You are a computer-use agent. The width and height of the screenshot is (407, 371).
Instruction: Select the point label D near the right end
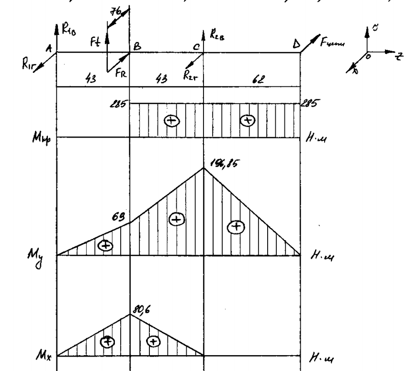click(296, 45)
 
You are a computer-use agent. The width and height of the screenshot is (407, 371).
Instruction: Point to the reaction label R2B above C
click(217, 34)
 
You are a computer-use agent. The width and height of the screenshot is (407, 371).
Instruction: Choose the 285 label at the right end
click(308, 103)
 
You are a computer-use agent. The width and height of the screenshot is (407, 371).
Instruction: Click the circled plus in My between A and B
click(105, 245)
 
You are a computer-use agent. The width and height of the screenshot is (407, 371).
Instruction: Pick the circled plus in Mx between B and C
click(153, 341)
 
